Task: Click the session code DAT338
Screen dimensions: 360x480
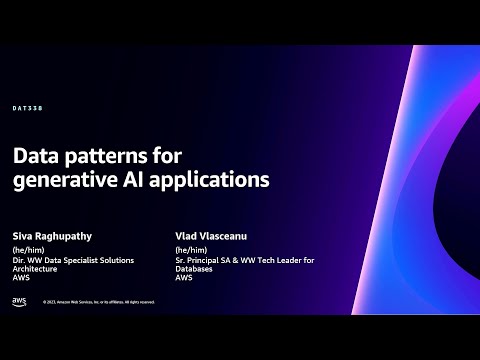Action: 28,109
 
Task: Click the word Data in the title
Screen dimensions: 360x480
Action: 36,157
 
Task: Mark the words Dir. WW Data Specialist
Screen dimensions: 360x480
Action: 54,261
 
